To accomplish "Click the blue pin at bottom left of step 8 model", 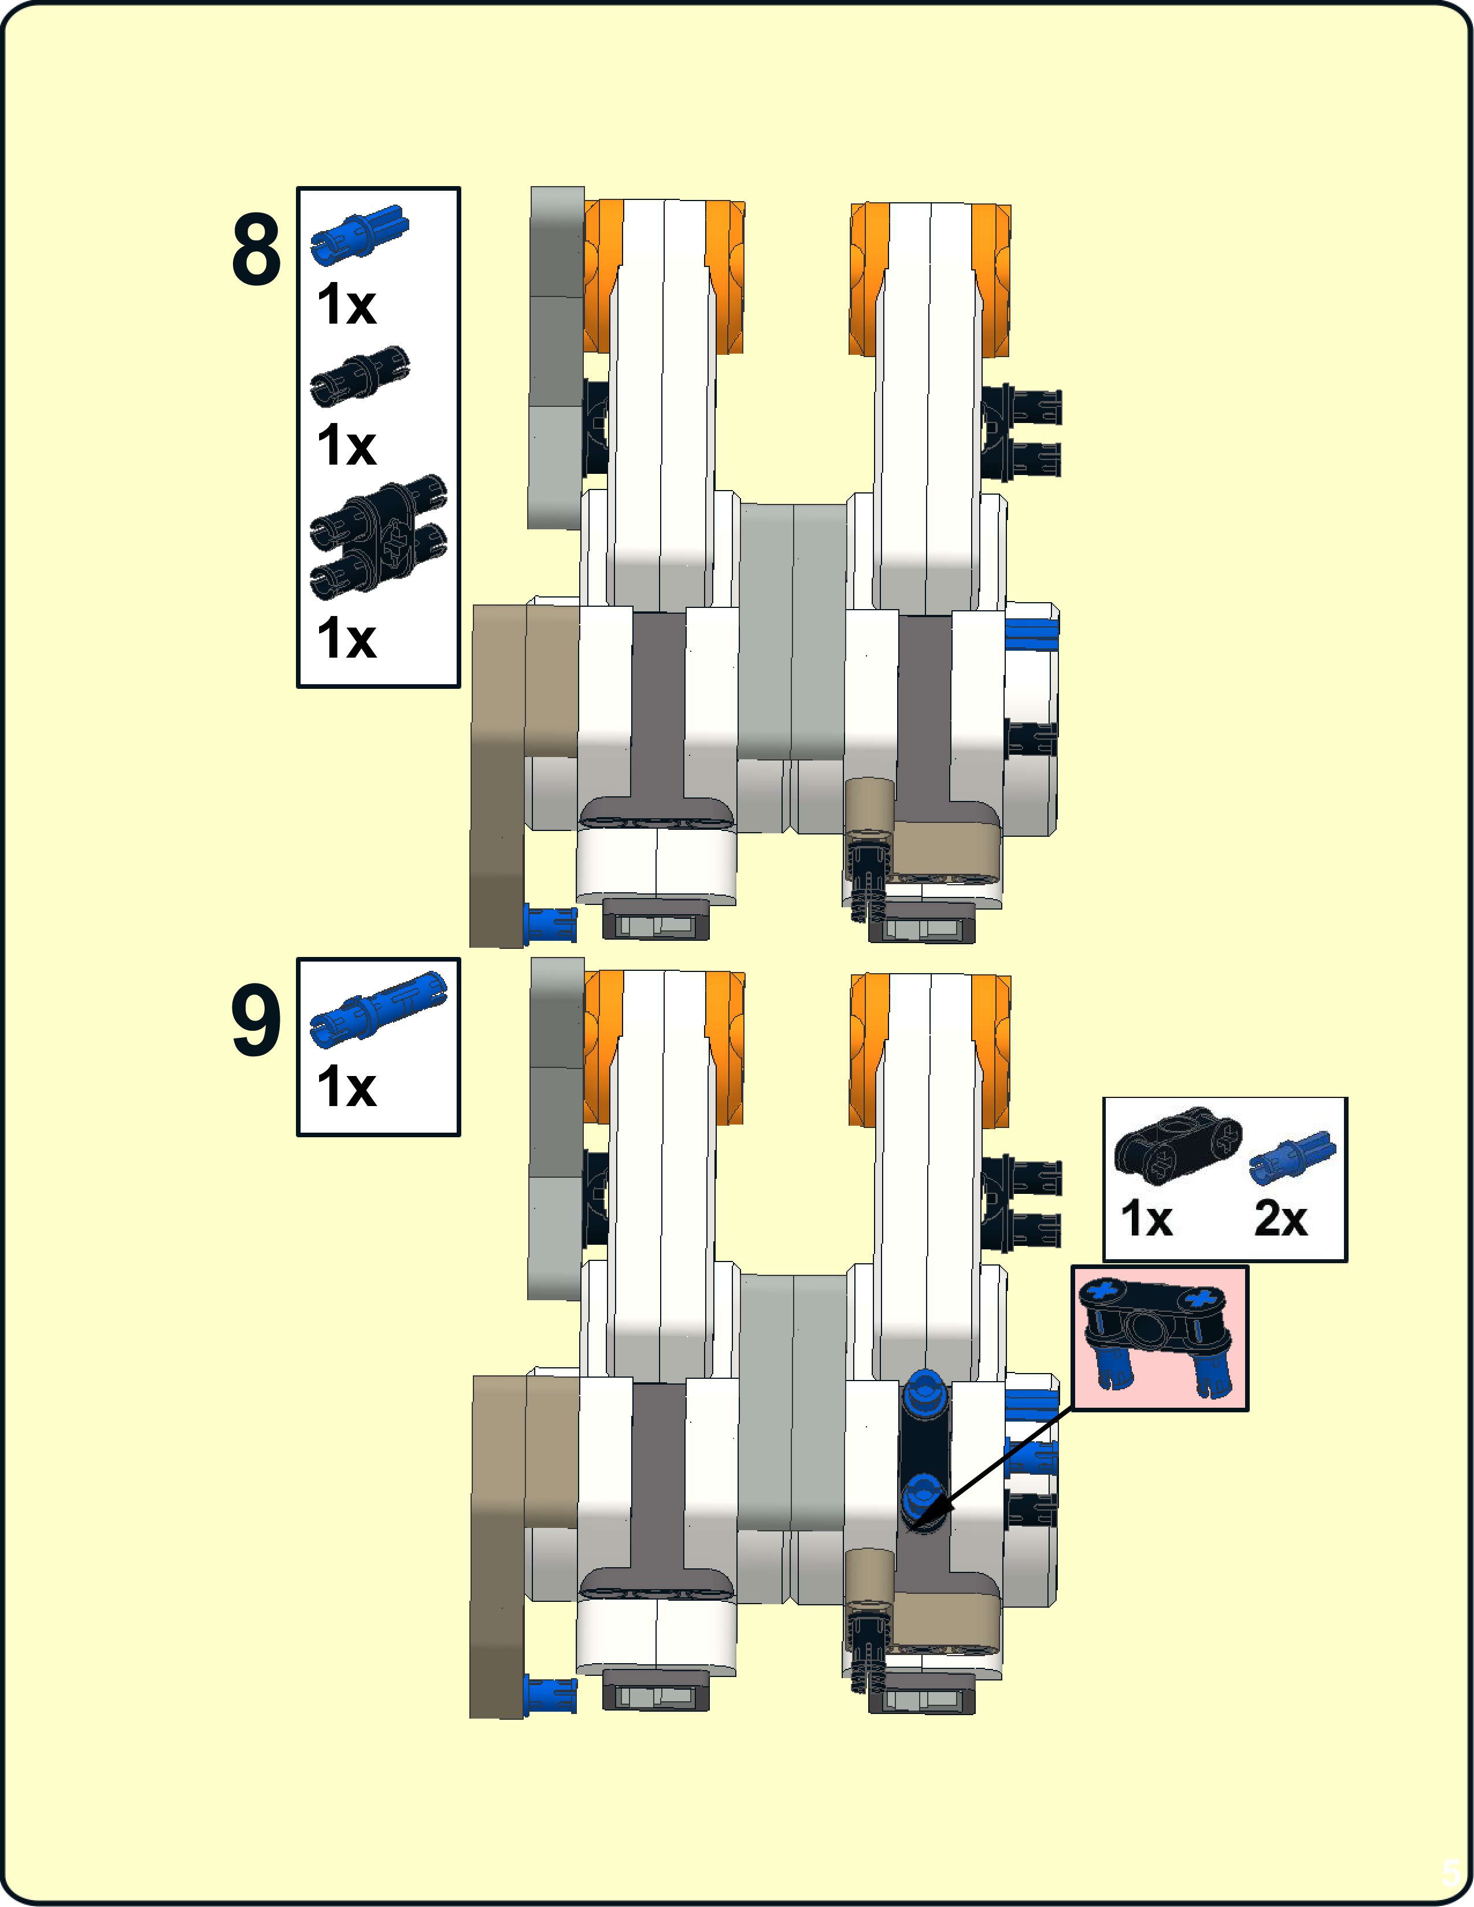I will [549, 923].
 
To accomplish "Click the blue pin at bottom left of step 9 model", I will [549, 1693].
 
